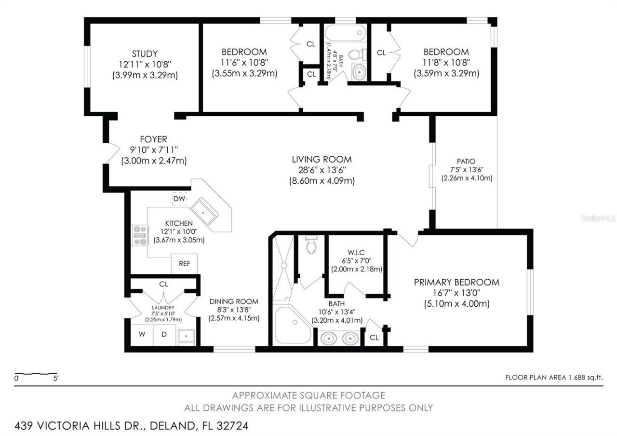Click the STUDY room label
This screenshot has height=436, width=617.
[x=145, y=54]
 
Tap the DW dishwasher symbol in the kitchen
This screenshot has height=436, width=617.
[x=179, y=199]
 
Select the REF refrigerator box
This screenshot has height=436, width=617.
[x=184, y=264]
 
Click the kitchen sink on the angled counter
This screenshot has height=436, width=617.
[x=204, y=210]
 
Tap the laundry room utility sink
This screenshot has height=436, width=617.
[x=186, y=336]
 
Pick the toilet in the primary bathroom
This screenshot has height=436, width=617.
[x=311, y=245]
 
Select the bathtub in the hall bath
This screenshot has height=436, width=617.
[x=345, y=33]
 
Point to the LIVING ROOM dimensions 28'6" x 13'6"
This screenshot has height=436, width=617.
[x=322, y=170]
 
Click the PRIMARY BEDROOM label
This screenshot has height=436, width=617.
[x=456, y=282]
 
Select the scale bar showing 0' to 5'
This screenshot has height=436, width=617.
[x=36, y=374]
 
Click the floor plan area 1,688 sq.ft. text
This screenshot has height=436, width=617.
[x=554, y=378]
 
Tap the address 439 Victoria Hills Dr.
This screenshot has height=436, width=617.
[x=131, y=426]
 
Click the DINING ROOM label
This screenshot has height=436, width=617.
[x=234, y=301]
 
